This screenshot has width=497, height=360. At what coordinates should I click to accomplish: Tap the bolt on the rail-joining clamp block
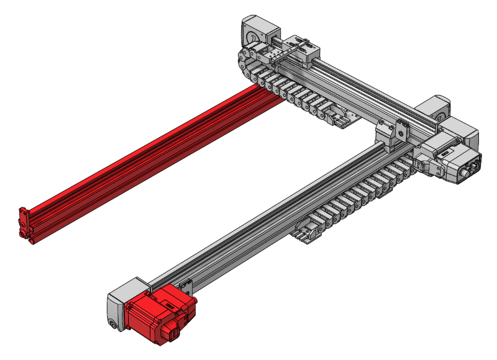click(401, 131)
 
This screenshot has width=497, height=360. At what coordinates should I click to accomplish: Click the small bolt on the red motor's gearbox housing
click(112, 323)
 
